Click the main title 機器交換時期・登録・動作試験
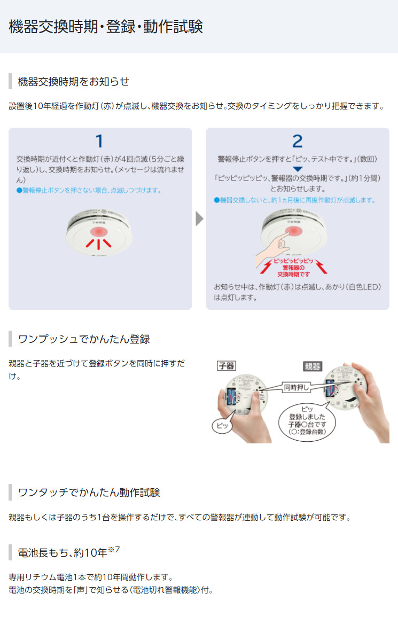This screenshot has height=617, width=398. pyautogui.click(x=106, y=27)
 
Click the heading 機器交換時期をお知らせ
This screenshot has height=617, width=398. pyautogui.click(x=74, y=82)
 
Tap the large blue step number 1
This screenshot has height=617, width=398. pyautogui.click(x=99, y=141)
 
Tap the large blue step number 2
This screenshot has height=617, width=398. pyautogui.click(x=297, y=141)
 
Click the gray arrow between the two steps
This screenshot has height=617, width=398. pyautogui.click(x=199, y=219)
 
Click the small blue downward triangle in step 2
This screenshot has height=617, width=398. pyautogui.click(x=298, y=169)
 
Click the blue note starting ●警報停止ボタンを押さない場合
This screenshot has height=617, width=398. pyautogui.click(x=89, y=190)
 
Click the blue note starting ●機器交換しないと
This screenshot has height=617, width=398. pyautogui.click(x=295, y=200)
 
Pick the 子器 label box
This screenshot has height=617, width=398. pyautogui.click(x=227, y=366)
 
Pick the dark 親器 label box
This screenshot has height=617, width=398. pyautogui.click(x=312, y=366)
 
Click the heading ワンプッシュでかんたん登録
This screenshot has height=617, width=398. pyautogui.click(x=84, y=339)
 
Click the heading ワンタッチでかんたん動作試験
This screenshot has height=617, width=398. pyautogui.click(x=89, y=492)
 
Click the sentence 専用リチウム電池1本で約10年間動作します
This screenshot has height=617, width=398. pyautogui.click(x=90, y=577)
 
